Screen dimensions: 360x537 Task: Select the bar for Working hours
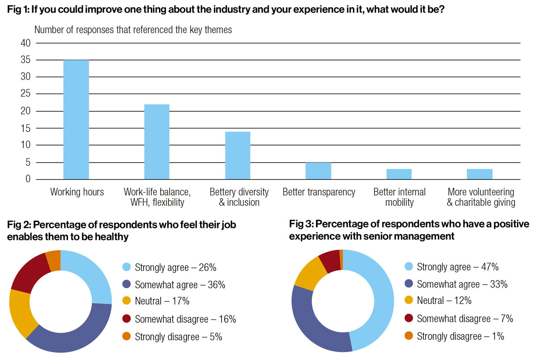(76, 120)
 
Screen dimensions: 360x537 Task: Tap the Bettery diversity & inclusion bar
(238, 155)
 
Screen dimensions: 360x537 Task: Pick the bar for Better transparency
(318, 171)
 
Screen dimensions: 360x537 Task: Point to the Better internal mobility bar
(399, 174)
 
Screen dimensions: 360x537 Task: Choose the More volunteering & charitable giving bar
(480, 174)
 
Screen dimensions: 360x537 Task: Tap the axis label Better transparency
(319, 193)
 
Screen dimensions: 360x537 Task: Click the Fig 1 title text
(226, 9)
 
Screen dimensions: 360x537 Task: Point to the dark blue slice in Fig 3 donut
(313, 322)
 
